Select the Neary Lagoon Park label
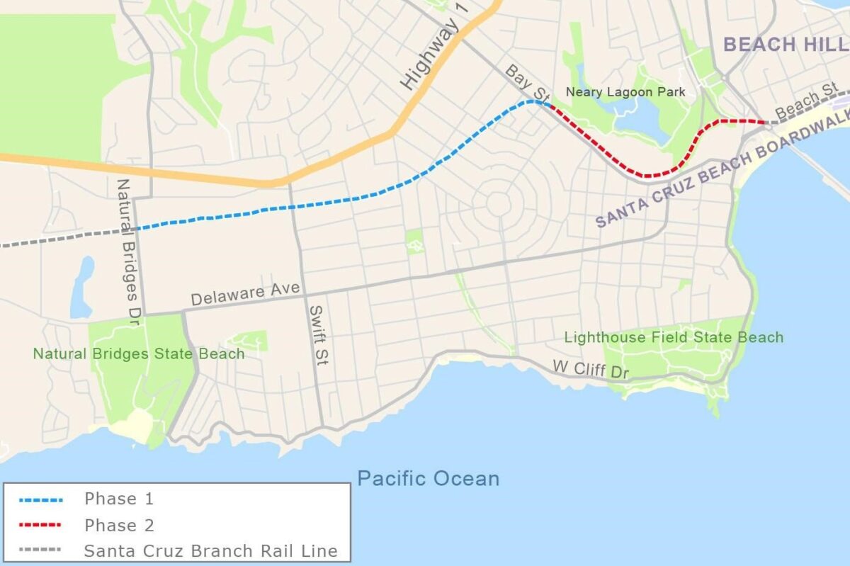click(625, 92)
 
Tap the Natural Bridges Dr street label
click(126, 252)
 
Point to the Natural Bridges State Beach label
click(139, 353)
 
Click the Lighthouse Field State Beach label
click(674, 337)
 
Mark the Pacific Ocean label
click(428, 478)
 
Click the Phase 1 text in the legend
click(118, 499)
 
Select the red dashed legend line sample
click(40, 525)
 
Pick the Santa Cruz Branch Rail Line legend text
click(210, 550)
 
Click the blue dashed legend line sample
click(40, 499)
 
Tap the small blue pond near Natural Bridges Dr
click(82, 287)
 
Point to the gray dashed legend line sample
click(40, 550)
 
